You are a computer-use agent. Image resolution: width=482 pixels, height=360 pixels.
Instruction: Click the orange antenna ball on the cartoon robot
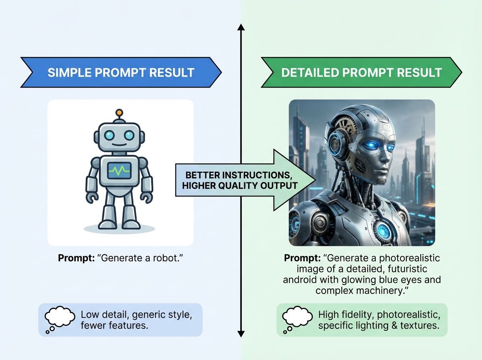119,112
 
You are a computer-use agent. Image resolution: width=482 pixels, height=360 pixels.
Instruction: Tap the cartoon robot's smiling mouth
119,145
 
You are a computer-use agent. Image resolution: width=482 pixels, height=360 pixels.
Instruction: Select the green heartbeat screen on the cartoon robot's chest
119,170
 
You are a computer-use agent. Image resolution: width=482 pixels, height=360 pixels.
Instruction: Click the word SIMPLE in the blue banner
69,72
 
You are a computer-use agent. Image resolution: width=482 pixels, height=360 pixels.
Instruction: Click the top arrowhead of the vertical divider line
241,27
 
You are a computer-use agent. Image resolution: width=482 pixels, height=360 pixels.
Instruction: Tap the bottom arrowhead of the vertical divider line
241,334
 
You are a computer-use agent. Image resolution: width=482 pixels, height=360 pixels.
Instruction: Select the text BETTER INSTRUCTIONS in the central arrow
239,175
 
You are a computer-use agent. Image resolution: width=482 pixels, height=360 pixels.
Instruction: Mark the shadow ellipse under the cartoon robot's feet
119,229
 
